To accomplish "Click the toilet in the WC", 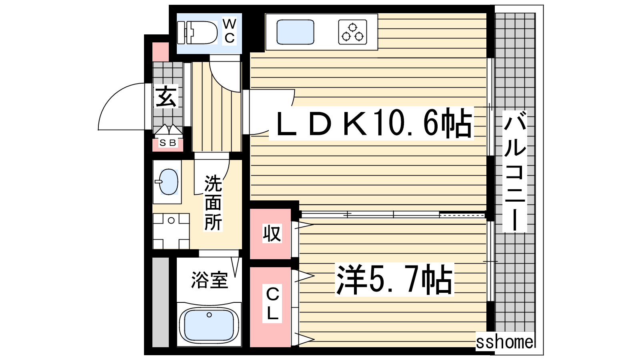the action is pyautogui.click(x=197, y=32).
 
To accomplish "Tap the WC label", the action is pyautogui.click(x=230, y=31).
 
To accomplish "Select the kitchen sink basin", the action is pyautogui.click(x=295, y=32).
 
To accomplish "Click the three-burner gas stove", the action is pyautogui.click(x=352, y=32).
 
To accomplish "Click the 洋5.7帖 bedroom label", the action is pyautogui.click(x=394, y=280).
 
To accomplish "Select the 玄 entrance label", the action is pyautogui.click(x=166, y=96).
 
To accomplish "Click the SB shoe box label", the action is pyautogui.click(x=168, y=142).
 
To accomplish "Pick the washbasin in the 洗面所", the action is pyautogui.click(x=168, y=182).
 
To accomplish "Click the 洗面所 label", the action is pyautogui.click(x=213, y=203).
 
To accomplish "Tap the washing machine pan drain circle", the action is pyautogui.click(x=171, y=220).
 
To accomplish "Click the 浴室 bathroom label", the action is pyautogui.click(x=210, y=280).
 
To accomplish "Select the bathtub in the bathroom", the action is pyautogui.click(x=209, y=324).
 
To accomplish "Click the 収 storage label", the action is pyautogui.click(x=272, y=234).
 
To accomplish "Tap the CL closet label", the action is pyautogui.click(x=272, y=304).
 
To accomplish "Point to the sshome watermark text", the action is pyautogui.click(x=504, y=342).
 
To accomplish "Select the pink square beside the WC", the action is pyautogui.click(x=160, y=52).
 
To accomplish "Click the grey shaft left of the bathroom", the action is pyautogui.click(x=160, y=302).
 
